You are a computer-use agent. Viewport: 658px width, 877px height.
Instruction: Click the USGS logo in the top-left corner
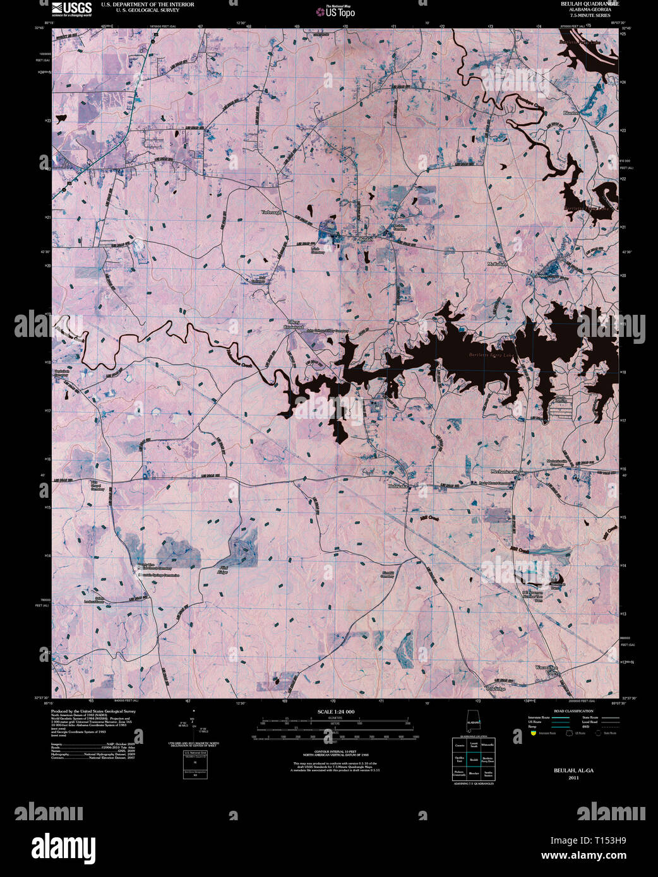coord(71,8)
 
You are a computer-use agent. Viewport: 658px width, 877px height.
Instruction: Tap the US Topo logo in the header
coord(340,11)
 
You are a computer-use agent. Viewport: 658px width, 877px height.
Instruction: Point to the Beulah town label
coord(366,240)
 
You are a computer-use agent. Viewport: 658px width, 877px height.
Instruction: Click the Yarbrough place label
coord(272,213)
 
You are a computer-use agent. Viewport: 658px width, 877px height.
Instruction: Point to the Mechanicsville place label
coord(505,472)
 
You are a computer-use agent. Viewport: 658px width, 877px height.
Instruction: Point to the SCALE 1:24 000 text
coord(335,712)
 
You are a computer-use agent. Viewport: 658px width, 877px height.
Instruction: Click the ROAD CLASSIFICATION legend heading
coord(573,711)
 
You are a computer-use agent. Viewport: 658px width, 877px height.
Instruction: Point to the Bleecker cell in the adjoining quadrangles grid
coord(474,773)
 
